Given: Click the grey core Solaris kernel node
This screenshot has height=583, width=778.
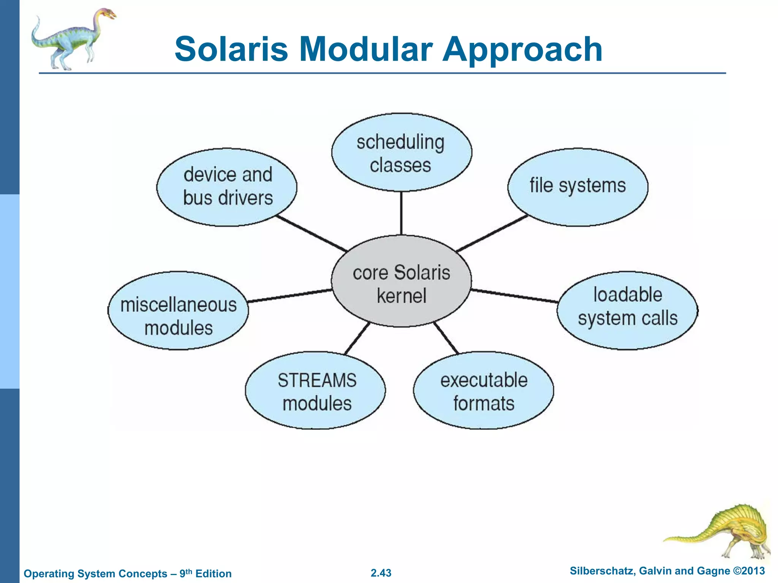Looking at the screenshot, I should [401, 281].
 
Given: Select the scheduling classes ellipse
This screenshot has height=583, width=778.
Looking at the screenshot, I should [401, 152].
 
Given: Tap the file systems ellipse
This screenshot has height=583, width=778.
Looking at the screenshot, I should [577, 187].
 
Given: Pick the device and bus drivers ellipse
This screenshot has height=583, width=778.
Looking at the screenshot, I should [227, 187].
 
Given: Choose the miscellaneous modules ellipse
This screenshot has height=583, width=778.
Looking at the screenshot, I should [178, 310].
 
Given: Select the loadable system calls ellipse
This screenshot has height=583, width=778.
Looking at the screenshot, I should [627, 310].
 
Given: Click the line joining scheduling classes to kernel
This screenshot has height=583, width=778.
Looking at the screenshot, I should [401, 213].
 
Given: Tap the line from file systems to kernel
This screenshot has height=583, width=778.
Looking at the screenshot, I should [492, 233].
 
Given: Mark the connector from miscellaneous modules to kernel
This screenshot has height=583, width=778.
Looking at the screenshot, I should [289, 296].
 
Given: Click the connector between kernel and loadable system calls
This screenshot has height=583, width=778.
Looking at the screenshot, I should [515, 296].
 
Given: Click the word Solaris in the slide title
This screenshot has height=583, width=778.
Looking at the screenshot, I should [231, 49].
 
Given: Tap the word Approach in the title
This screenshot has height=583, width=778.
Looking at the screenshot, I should [522, 49].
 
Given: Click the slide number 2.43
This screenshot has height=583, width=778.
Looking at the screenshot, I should [381, 573].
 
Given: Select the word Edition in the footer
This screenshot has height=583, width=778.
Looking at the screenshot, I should [213, 574].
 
